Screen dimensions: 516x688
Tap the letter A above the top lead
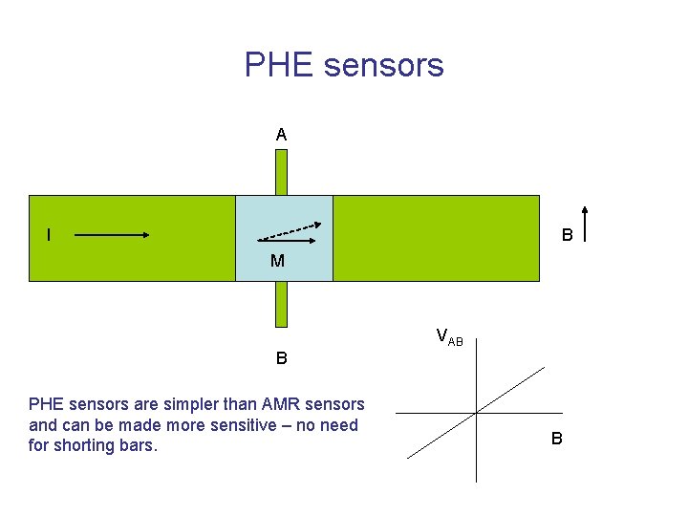pos(281,136)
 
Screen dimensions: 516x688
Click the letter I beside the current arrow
pos(49,235)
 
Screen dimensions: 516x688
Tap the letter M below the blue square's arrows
pos(277,261)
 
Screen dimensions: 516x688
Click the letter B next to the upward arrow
pos(567,235)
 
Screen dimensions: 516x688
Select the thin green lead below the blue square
pos(281,304)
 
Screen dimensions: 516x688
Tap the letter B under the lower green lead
pos(282,359)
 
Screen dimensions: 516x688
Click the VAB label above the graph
pos(449,336)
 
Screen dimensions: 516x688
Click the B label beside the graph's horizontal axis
pos(556,440)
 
